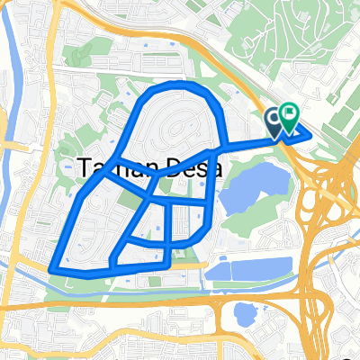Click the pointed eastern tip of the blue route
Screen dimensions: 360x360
click(x=310, y=135)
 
